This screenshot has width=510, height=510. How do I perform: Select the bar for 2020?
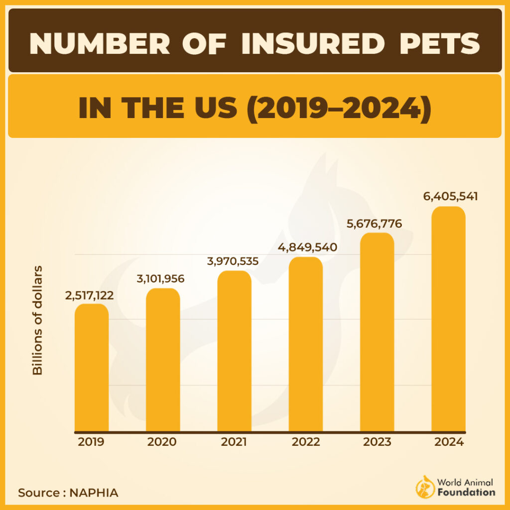(x=163, y=360)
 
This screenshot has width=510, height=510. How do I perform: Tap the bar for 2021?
(x=234, y=351)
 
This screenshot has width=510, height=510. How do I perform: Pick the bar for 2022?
(x=305, y=344)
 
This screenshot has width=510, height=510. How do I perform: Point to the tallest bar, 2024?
(x=448, y=319)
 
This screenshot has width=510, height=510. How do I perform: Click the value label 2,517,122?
(x=89, y=295)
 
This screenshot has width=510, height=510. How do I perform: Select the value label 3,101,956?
(x=160, y=278)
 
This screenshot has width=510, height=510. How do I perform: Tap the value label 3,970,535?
(x=233, y=260)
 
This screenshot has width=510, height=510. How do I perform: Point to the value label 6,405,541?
(x=450, y=196)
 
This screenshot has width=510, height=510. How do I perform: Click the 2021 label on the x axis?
(x=234, y=442)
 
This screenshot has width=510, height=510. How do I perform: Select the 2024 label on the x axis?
(x=448, y=442)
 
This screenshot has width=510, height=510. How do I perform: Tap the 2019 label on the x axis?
(x=91, y=442)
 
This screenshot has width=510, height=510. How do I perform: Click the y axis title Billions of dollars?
(x=37, y=320)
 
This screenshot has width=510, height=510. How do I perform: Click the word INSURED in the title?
(x=313, y=44)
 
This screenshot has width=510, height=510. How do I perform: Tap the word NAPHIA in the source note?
(x=94, y=493)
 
